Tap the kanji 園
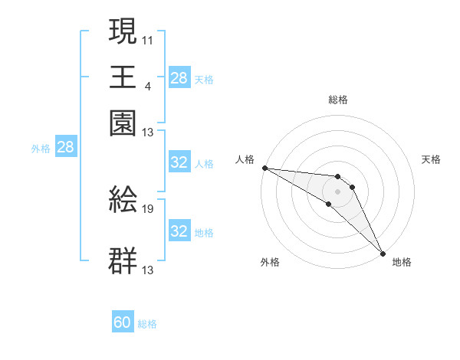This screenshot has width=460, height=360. click(123, 123)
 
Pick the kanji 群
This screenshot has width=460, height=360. click(123, 260)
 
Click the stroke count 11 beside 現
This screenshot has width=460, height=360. click(147, 39)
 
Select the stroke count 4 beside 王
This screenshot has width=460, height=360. click(147, 84)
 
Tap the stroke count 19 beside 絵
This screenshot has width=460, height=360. click(148, 208)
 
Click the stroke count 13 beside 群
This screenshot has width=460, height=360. click(148, 270)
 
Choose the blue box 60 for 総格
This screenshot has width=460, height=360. click(123, 322)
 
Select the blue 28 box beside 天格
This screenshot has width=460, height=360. click(179, 77)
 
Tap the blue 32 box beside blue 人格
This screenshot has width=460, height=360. click(179, 162)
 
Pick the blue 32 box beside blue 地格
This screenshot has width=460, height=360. click(179, 231)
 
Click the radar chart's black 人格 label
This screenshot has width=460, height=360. click(245, 159)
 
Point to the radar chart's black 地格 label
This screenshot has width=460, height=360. click(402, 262)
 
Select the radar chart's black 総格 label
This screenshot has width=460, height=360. click(338, 100)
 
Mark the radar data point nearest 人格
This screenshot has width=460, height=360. click(264, 168)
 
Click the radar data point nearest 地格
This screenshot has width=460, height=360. click(383, 252)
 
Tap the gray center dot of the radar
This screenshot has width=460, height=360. click(338, 190)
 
